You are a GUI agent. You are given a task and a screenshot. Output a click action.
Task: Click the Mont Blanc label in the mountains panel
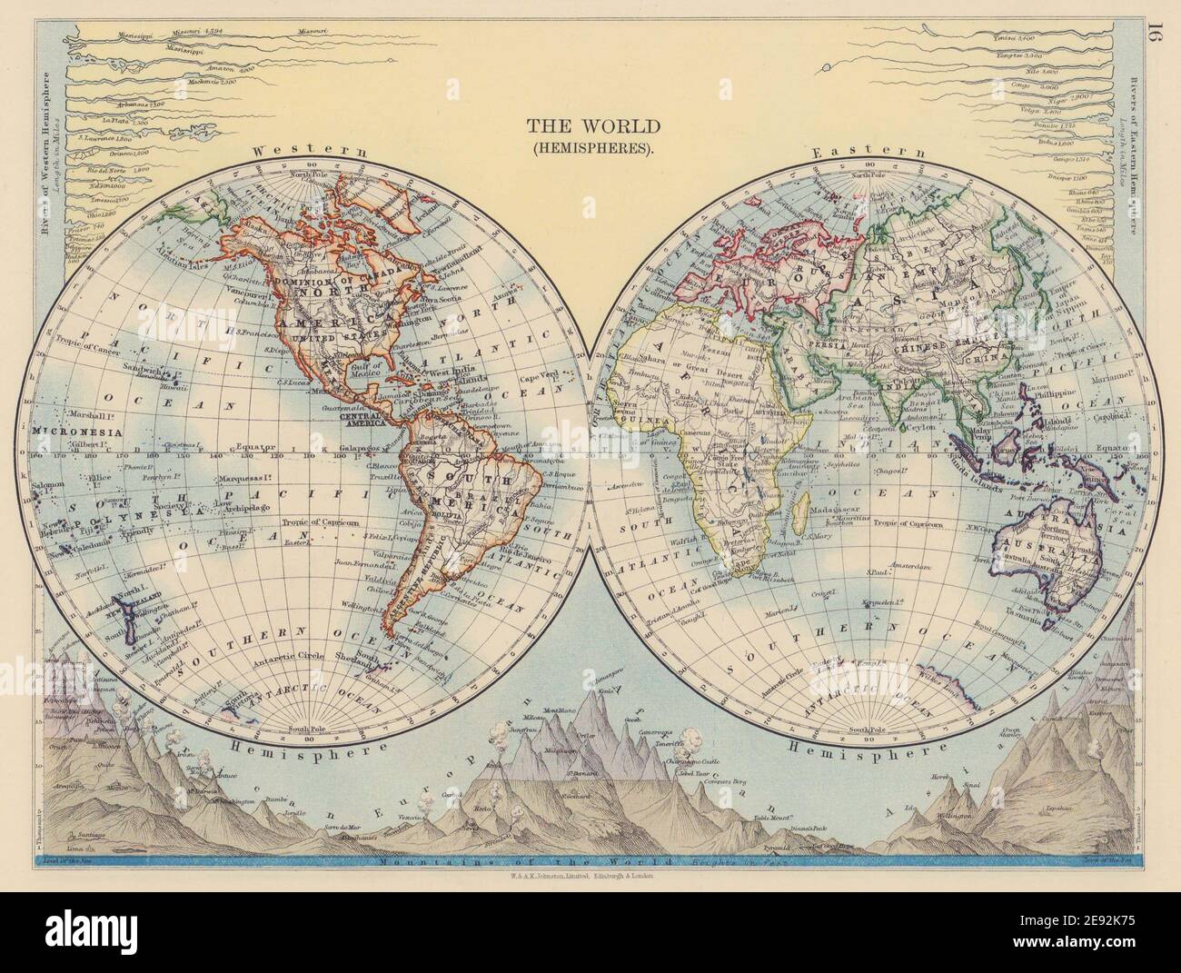point(509,710)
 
